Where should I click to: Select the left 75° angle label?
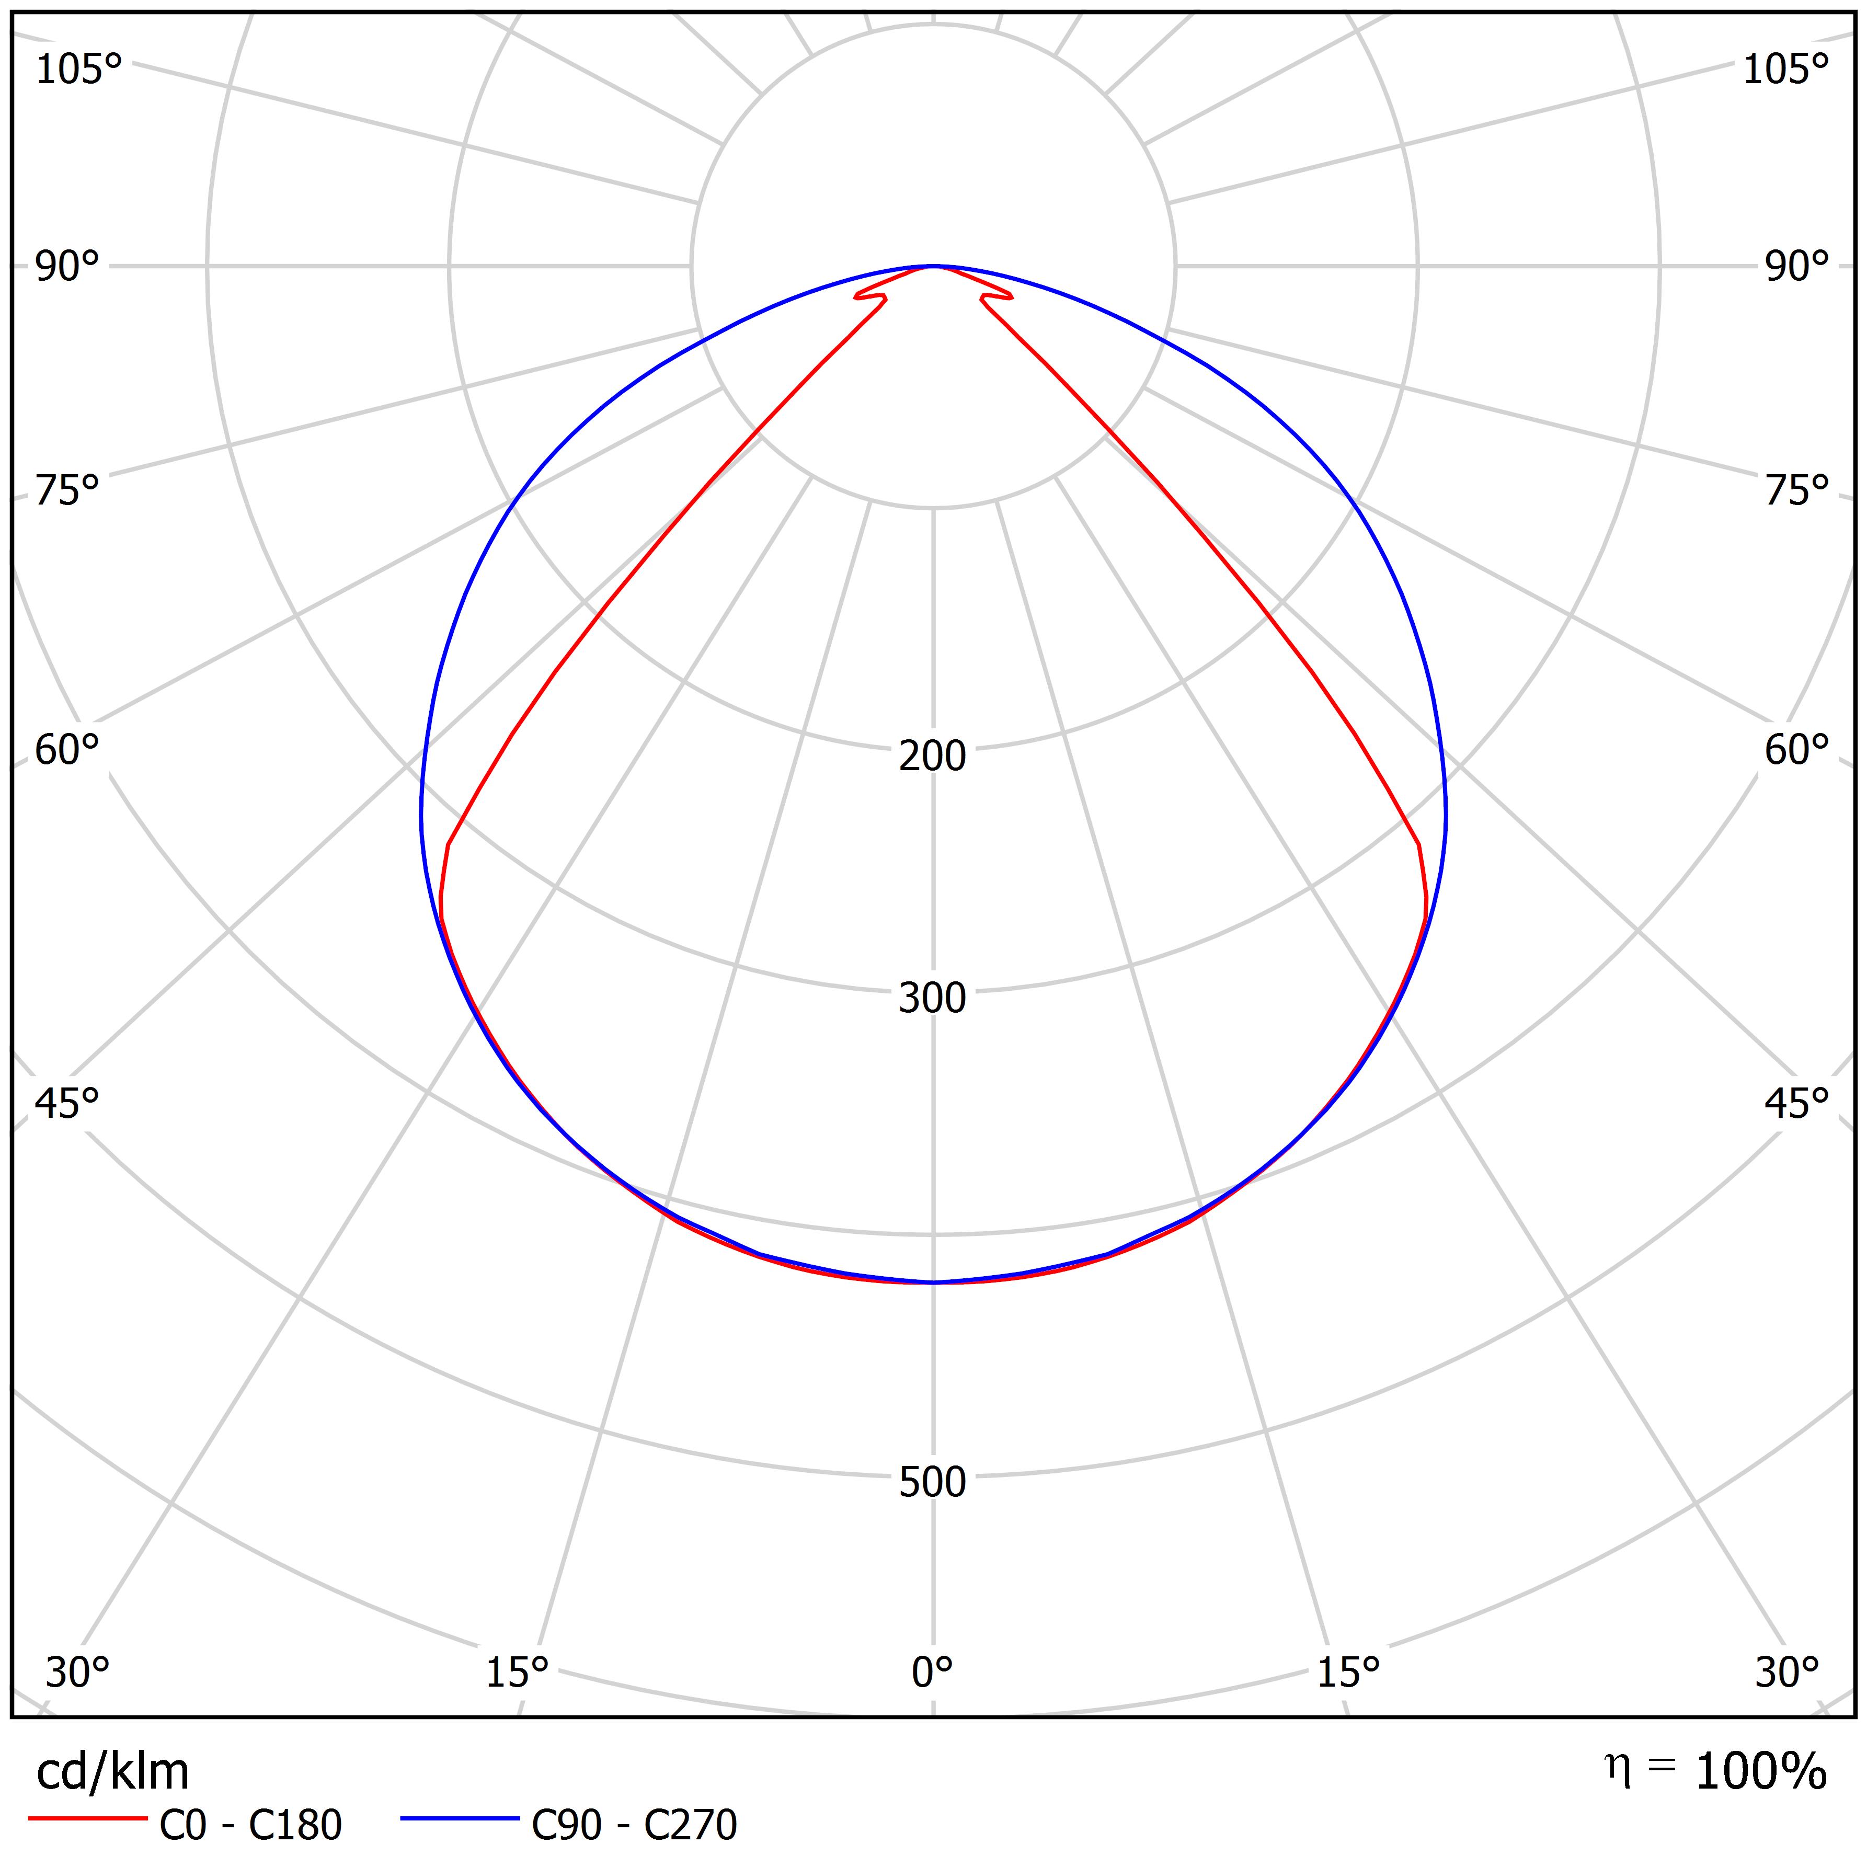pos(67,491)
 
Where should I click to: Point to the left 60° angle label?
pos(67,750)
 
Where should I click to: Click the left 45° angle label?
pos(67,1103)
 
